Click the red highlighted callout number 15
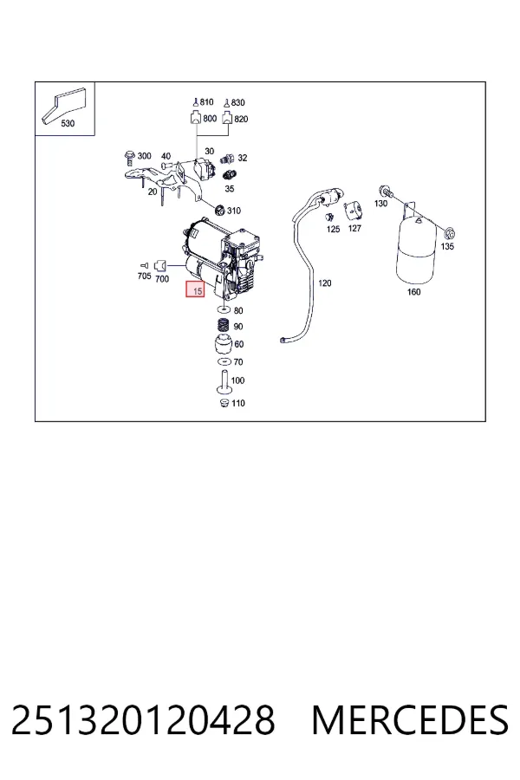[x=195, y=289]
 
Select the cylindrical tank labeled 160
[x=416, y=251]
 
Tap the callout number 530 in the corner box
[x=68, y=123]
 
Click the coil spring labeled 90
[x=224, y=327]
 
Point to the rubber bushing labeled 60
[x=224, y=345]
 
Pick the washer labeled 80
[x=224, y=309]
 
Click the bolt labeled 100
[x=224, y=382]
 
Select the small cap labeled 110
[x=224, y=402]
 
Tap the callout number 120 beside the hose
[x=324, y=283]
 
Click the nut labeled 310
[x=219, y=210]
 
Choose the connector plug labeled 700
[x=160, y=266]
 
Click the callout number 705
[x=145, y=276]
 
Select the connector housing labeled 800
[x=196, y=119]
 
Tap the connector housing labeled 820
[x=227, y=119]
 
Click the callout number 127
[x=354, y=228]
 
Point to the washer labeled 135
[x=449, y=233]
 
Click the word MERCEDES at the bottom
[x=410, y=720]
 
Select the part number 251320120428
[x=143, y=720]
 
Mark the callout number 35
[x=230, y=189]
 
